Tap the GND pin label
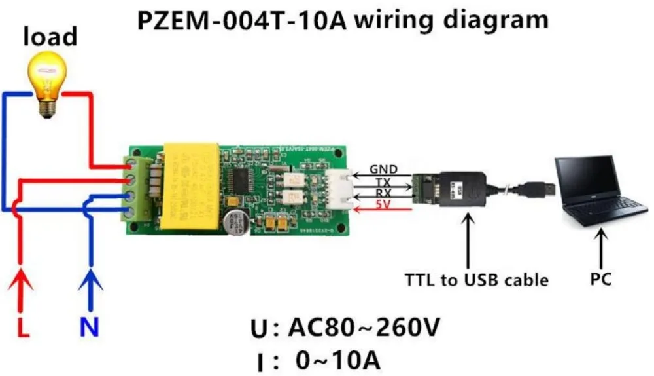coord(383,169)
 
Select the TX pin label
coord(383,181)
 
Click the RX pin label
coord(383,194)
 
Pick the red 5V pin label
coord(383,206)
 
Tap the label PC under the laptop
coord(600,280)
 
